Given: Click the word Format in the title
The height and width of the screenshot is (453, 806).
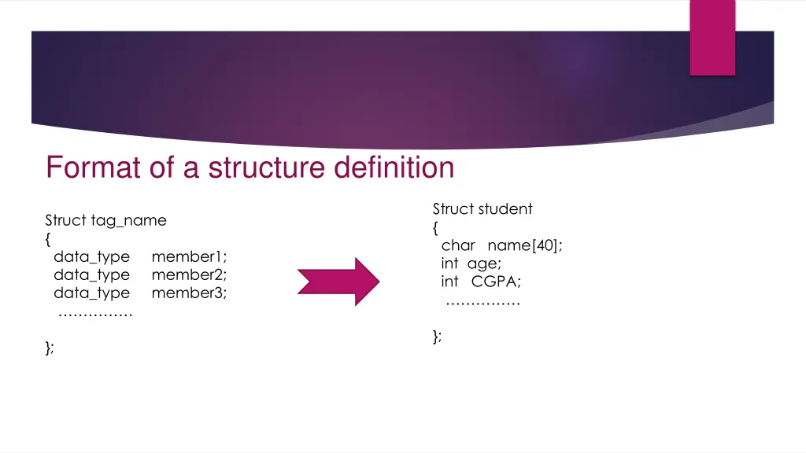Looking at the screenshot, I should [x=87, y=168].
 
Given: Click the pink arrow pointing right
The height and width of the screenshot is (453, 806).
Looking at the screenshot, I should [x=338, y=281].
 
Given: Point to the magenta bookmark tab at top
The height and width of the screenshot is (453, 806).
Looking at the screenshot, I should [x=712, y=37].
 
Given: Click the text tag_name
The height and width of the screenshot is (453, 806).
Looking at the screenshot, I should [x=128, y=220].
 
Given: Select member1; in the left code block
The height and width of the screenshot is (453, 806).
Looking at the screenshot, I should [x=189, y=256].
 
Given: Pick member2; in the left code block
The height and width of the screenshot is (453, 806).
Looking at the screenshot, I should [x=189, y=274].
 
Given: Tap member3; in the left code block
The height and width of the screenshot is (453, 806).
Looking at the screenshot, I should [x=189, y=293].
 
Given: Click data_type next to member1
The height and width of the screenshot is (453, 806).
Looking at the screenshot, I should [x=91, y=256].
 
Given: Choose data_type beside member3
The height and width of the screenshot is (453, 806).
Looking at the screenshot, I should [x=91, y=293].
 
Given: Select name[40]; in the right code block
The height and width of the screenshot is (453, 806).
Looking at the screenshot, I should [x=525, y=245].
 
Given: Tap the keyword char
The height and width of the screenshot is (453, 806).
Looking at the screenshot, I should [x=458, y=245].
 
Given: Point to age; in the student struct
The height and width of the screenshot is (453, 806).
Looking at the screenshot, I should [x=483, y=263].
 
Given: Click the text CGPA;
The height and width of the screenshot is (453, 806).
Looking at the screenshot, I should [x=496, y=282].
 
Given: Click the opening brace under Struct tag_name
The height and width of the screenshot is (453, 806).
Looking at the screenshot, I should [x=48, y=238].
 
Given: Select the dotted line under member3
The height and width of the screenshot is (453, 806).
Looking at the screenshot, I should [x=95, y=314].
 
